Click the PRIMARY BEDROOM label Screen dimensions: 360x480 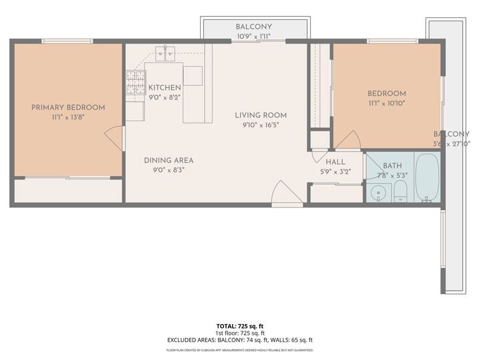coord(68,107)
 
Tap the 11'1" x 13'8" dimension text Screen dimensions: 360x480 coord(68,117)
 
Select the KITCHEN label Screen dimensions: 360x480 coord(164,87)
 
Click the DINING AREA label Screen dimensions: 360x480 coord(169,160)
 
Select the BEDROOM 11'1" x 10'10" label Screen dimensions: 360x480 coord(387,98)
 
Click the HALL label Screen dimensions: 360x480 coord(335,161)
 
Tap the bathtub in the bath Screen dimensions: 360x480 coord(427,178)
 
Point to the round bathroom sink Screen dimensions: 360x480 coord(378,194)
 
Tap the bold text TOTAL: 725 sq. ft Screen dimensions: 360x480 coord(239,325)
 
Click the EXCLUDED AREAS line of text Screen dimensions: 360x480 coord(239,339)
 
